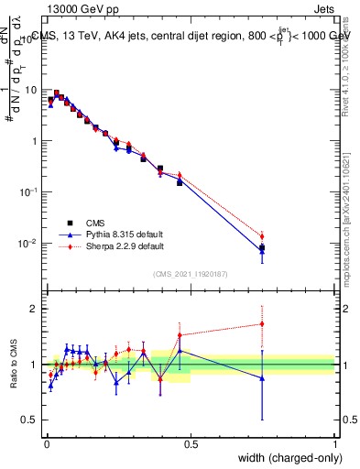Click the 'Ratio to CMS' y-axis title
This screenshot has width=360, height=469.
(x=14, y=364)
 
